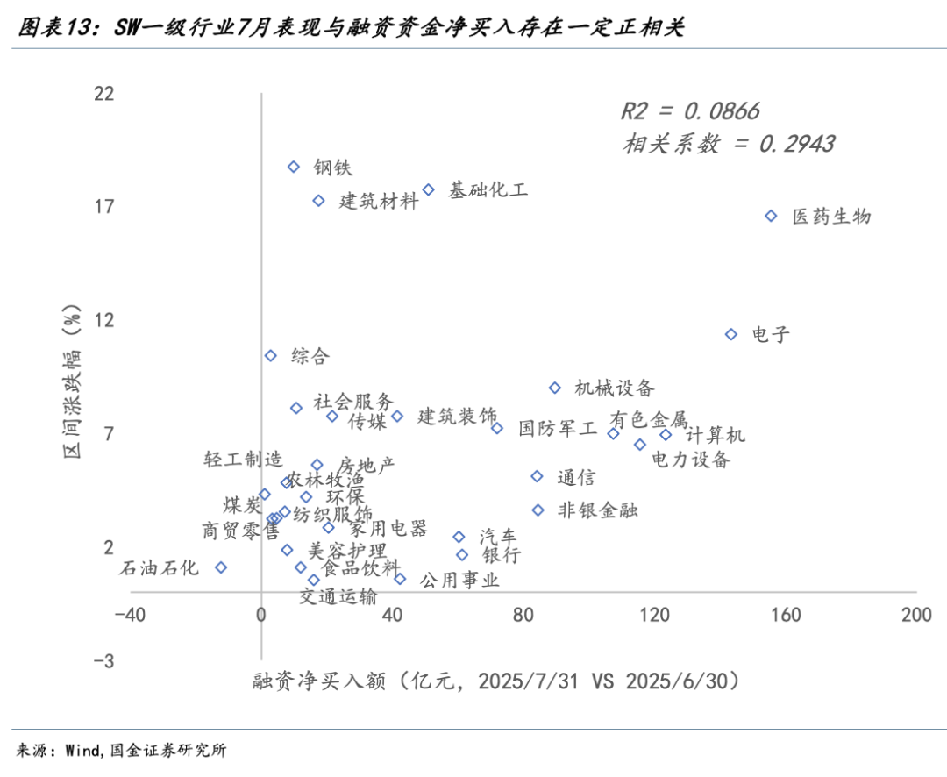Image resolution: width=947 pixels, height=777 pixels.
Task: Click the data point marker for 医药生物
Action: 772,216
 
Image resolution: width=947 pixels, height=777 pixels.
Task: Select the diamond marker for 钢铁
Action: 294,167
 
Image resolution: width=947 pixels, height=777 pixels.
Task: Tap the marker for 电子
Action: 731,334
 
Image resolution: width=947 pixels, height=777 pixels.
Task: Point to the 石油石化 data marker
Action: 221,567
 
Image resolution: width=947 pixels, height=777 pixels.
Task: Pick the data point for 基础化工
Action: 429,189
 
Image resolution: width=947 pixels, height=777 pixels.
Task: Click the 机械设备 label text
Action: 615,388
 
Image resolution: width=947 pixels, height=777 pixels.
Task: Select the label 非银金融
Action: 598,510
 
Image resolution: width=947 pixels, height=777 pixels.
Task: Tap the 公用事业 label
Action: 459,580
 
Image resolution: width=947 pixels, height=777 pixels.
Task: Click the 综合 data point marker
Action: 271,355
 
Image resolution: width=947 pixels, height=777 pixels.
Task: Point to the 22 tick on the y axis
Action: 104,93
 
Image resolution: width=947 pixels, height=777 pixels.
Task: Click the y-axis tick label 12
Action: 104,320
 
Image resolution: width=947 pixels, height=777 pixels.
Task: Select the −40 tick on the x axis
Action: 129,615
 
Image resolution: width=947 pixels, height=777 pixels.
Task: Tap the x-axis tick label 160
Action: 786,615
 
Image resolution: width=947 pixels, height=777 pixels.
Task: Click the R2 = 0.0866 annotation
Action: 690,111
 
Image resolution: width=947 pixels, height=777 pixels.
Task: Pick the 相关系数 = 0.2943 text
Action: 729,144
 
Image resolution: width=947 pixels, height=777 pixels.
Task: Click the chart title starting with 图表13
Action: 351,28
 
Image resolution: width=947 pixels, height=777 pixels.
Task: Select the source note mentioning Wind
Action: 123,750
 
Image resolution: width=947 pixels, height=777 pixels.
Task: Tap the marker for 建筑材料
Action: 319,201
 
